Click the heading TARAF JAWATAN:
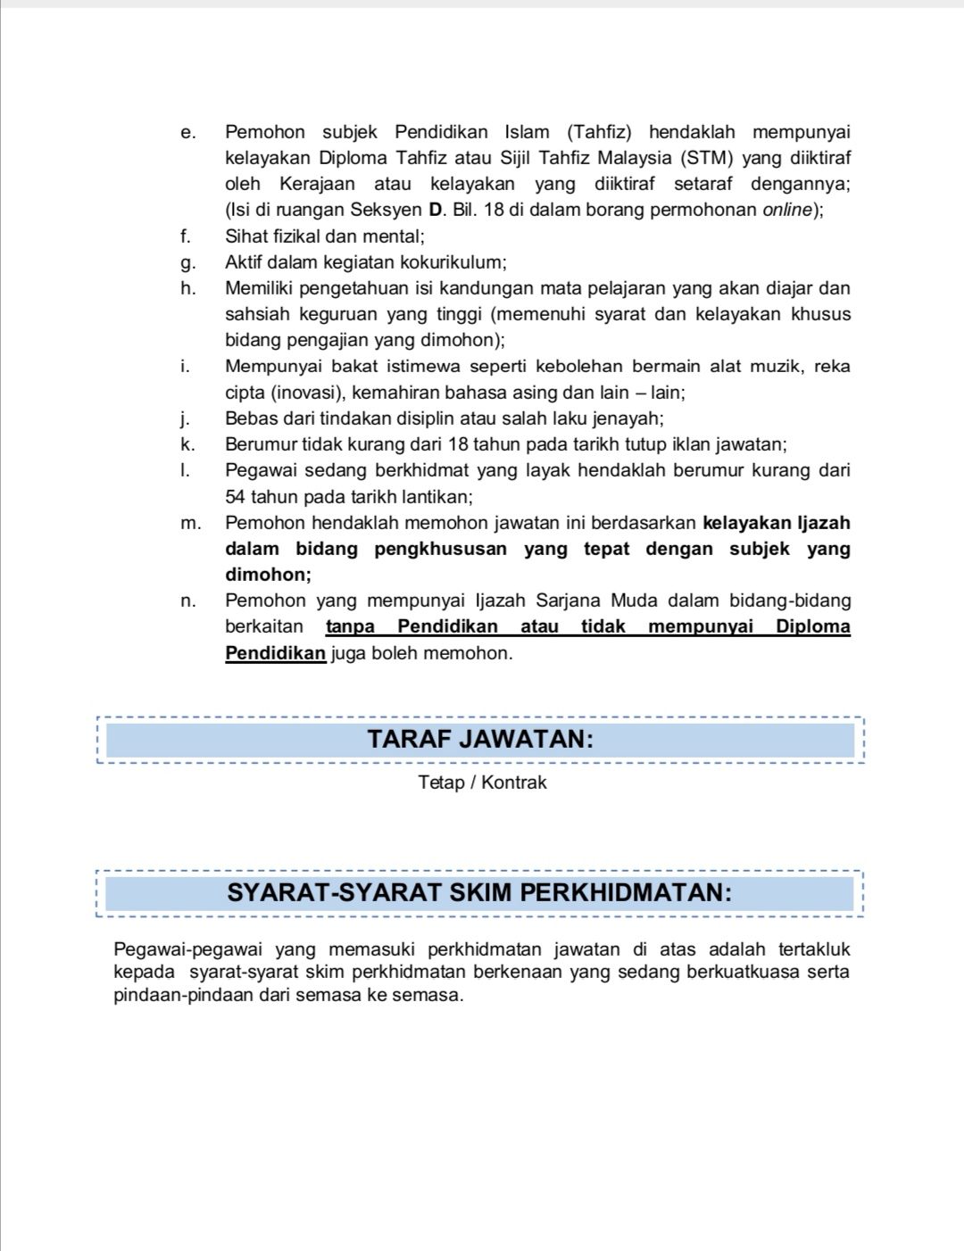480,740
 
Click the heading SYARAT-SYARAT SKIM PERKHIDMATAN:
479,893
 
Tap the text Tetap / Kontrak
482,783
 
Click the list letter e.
187,133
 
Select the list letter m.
190,524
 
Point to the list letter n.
187,601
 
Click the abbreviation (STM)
706,159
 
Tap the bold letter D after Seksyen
436,211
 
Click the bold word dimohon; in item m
268,576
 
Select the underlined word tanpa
350,627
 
